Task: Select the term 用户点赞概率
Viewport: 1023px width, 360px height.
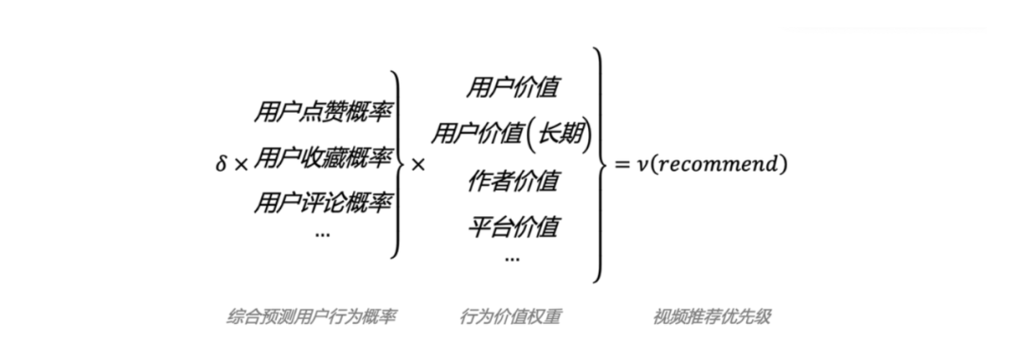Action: pyautogui.click(x=322, y=113)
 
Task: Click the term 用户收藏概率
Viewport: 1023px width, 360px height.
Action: pyautogui.click(x=322, y=157)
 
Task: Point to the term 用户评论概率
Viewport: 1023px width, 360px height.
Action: pyautogui.click(x=322, y=202)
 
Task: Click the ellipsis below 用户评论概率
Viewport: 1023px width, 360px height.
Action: pyautogui.click(x=322, y=234)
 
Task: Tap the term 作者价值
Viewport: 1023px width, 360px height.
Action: pyautogui.click(x=512, y=180)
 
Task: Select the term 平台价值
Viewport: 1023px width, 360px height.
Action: pyautogui.click(x=512, y=226)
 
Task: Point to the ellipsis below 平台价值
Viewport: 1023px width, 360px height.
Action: pyautogui.click(x=512, y=258)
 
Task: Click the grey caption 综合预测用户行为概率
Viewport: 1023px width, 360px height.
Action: pyautogui.click(x=312, y=316)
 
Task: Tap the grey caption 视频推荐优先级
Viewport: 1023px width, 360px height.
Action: pyautogui.click(x=711, y=316)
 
